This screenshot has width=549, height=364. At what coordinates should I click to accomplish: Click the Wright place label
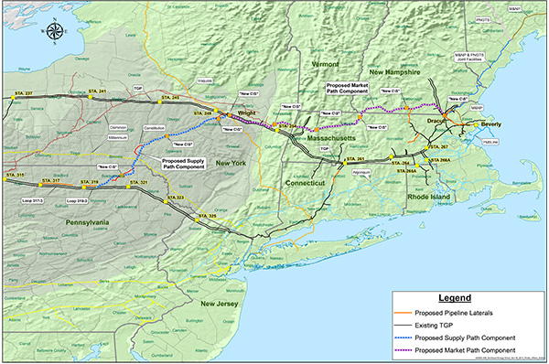(246, 114)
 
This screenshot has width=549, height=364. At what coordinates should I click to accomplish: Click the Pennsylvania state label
(81, 221)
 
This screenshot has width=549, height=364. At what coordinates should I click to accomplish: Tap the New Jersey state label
(221, 304)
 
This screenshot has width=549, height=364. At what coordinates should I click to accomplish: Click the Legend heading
(454, 298)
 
